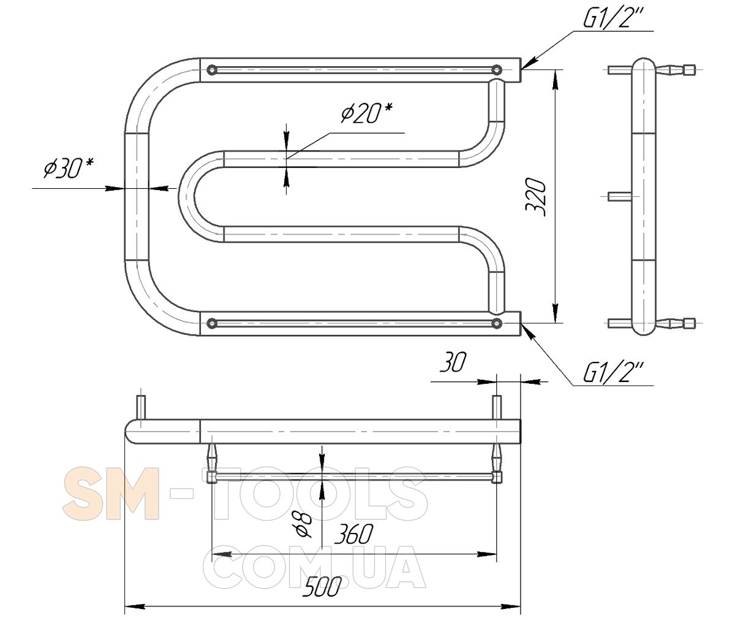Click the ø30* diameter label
click(69, 168)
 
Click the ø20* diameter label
click(366, 113)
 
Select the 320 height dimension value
click(535, 197)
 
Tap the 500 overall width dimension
click(322, 587)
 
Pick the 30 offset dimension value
click(453, 362)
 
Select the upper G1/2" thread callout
click(613, 18)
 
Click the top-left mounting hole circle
click(212, 70)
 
